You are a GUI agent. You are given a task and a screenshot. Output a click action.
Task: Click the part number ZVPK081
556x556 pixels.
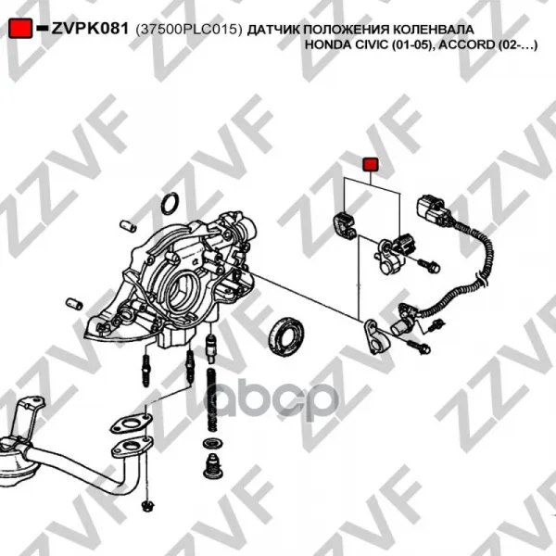[90, 29]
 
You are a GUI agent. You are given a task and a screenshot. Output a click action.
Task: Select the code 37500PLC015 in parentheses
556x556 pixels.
[189, 30]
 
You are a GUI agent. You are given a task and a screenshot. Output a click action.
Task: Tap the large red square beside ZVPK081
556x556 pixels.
[20, 29]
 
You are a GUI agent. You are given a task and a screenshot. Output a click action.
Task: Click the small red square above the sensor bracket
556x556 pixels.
[370, 165]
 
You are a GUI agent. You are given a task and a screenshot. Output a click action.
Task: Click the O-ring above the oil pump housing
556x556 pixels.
[170, 204]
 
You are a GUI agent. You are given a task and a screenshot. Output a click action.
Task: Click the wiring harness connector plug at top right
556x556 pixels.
[431, 210]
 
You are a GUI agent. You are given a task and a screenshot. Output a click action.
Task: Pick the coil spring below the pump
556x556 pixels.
[211, 400]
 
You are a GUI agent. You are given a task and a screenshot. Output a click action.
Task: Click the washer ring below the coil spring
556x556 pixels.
[211, 443]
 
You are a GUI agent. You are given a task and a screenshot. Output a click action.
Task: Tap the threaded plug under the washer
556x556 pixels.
[211, 465]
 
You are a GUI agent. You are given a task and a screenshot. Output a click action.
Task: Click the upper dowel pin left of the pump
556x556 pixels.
[128, 225]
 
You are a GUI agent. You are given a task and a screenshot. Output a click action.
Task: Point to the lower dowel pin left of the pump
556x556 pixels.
[74, 304]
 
